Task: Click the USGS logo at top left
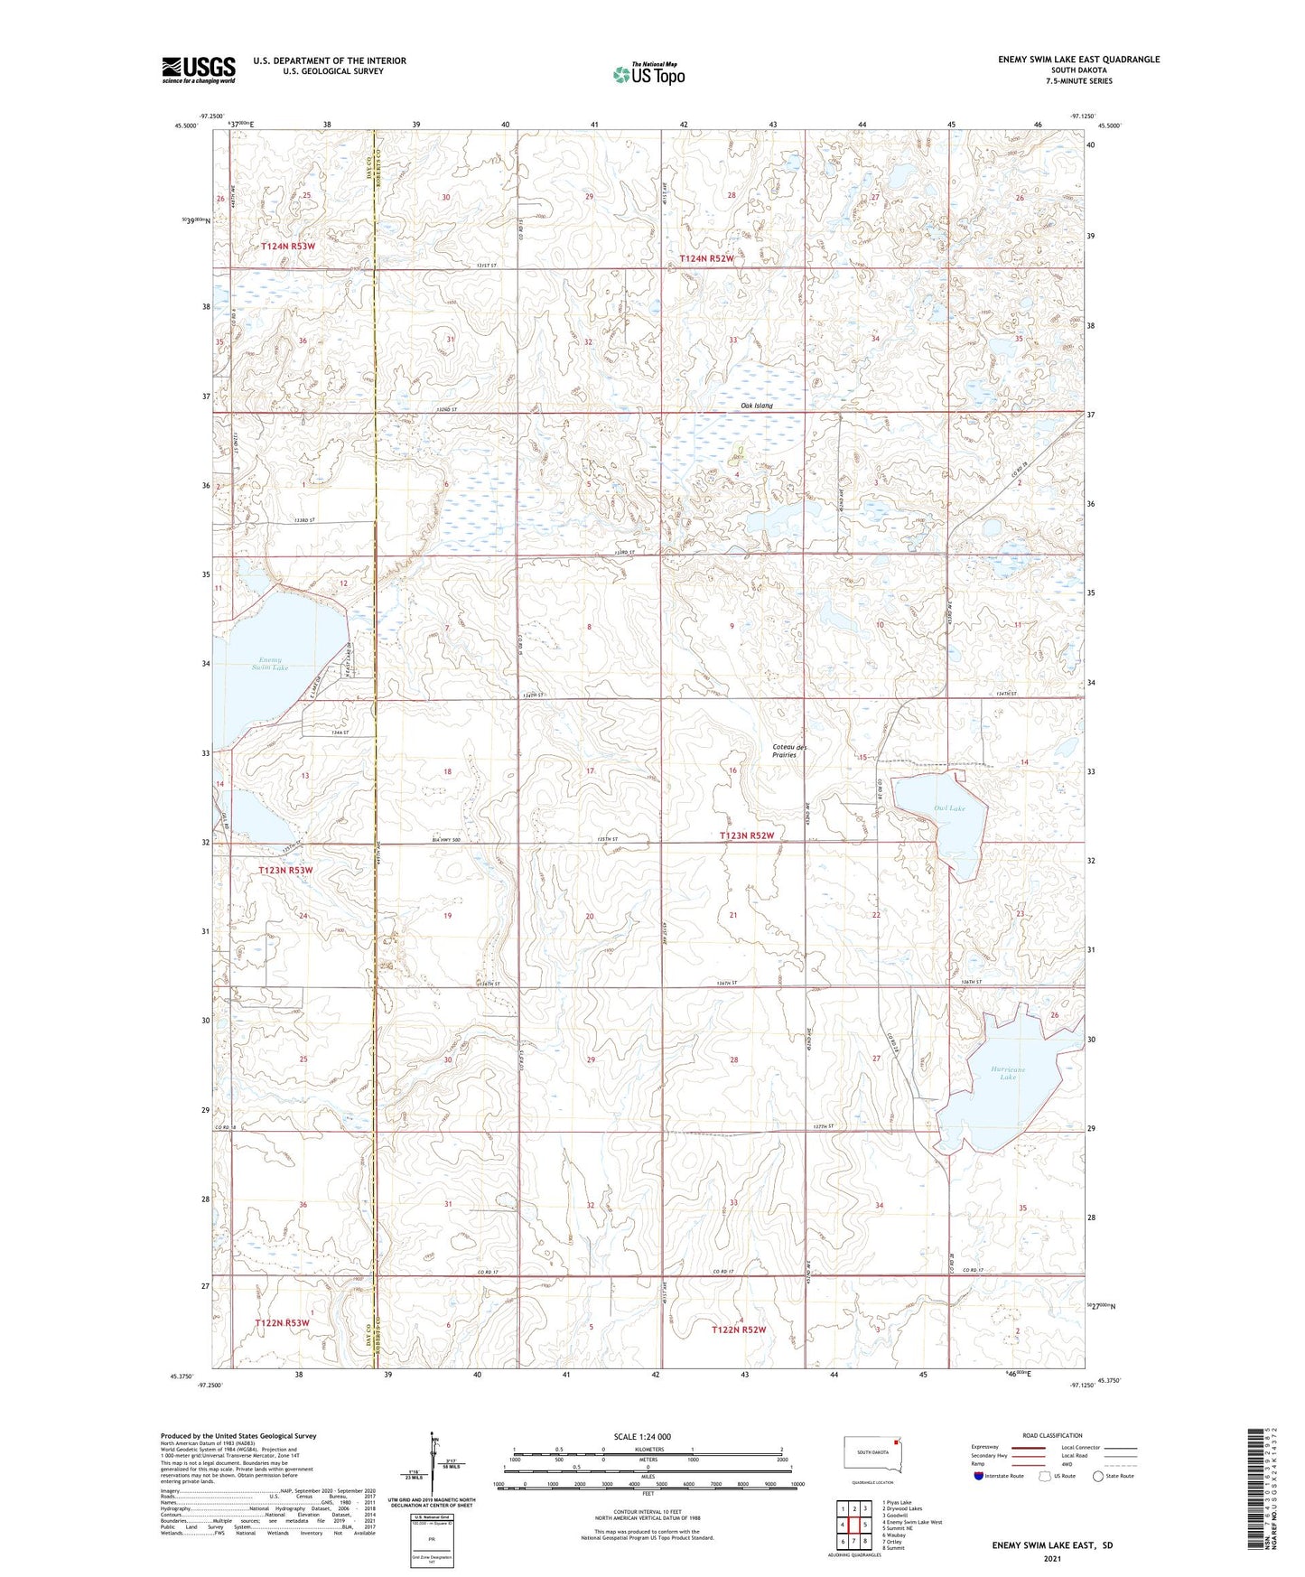pos(199,70)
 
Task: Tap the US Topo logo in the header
pos(648,74)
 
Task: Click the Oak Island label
pos(757,406)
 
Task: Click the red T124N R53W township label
pos(288,246)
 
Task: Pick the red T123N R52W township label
pos(747,835)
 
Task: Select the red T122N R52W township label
pos(738,1330)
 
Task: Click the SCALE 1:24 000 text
pos(642,1436)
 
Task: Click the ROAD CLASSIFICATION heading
pos(1052,1435)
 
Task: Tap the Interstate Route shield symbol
pos(979,1476)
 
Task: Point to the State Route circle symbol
pos(1098,1476)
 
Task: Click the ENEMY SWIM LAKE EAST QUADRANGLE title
pos(1078,60)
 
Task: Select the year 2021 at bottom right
pos(1052,1558)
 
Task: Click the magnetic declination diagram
pos(433,1463)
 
